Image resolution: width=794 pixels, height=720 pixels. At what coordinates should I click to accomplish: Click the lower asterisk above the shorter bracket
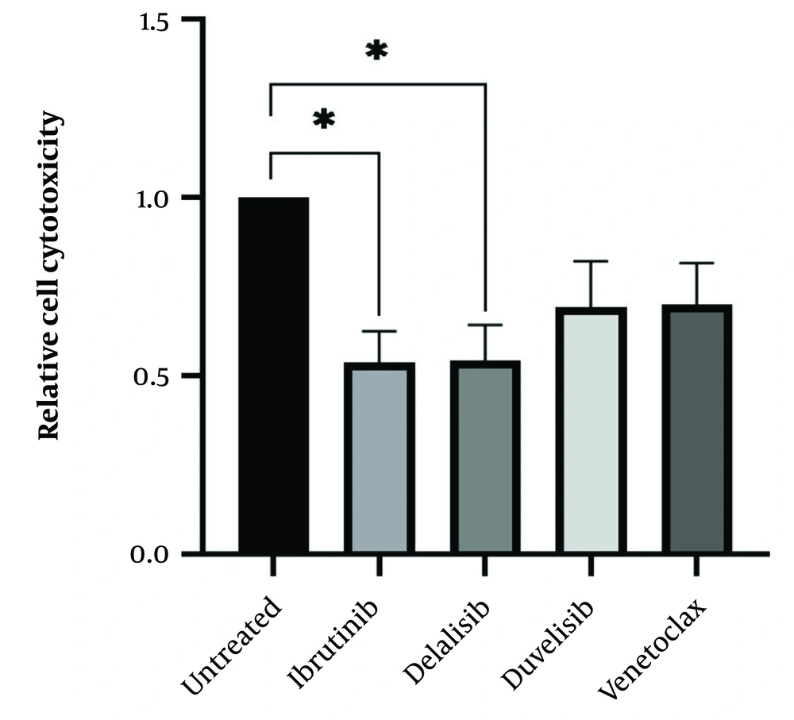click(324, 121)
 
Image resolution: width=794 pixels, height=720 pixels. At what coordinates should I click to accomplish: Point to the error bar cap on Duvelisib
click(591, 261)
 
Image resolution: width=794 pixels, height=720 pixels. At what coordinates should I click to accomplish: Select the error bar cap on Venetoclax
click(696, 263)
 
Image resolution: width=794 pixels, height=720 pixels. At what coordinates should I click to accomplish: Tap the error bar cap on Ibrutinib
click(379, 331)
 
